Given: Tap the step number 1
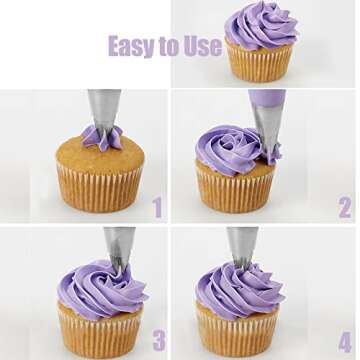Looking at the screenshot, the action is [x=157, y=207].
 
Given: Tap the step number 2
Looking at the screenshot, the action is [x=345, y=207].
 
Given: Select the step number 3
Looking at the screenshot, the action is [x=159, y=340].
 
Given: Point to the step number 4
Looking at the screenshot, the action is [x=345, y=341].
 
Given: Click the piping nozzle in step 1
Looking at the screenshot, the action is [x=104, y=111].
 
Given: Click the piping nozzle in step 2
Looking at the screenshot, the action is [x=268, y=127].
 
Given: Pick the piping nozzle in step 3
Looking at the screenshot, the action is [x=120, y=247].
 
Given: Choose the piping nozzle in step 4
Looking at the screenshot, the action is [x=242, y=246].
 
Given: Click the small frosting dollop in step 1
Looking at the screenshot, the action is [x=101, y=138].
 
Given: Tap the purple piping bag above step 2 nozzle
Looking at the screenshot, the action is [x=267, y=97].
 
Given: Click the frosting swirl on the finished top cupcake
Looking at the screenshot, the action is [x=261, y=25].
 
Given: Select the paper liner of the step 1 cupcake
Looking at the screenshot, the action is [x=100, y=189].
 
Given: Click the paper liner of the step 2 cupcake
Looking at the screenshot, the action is [x=236, y=193].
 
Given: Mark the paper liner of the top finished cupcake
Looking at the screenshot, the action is [x=260, y=63].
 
